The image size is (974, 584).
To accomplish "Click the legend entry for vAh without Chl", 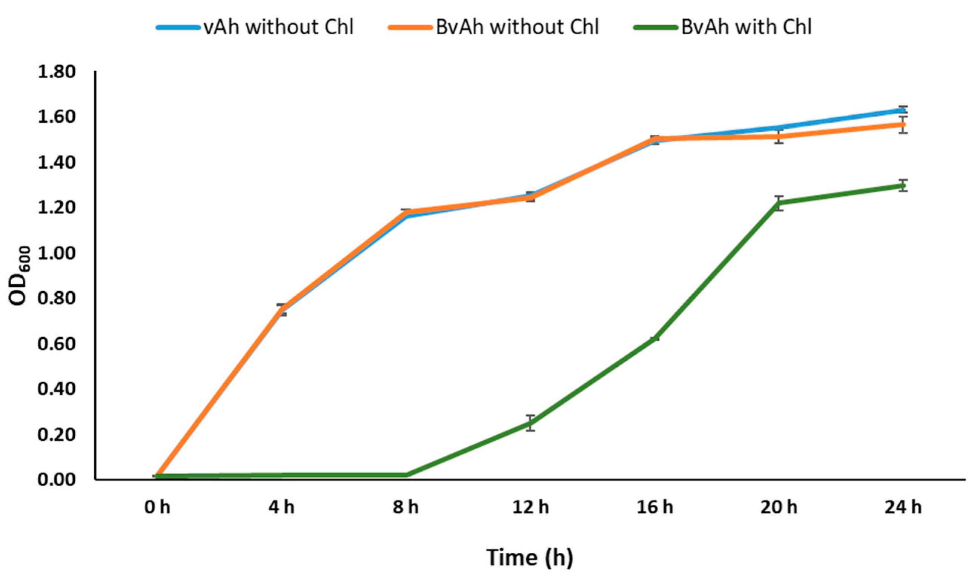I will click(x=256, y=27).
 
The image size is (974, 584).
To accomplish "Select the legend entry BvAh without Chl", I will click(x=494, y=27).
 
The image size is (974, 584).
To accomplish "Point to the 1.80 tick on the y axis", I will click(x=56, y=72).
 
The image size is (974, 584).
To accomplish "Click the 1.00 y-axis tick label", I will click(x=56, y=253).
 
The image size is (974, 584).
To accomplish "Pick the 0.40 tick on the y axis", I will click(x=56, y=389).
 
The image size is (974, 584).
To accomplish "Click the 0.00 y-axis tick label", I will click(x=56, y=480).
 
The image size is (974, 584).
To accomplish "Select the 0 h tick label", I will click(x=157, y=508).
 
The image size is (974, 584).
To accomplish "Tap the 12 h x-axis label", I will click(x=530, y=508).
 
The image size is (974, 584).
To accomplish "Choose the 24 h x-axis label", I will click(x=903, y=508).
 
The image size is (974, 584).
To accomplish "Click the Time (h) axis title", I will click(x=530, y=557).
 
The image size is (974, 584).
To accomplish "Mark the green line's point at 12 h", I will click(x=531, y=423).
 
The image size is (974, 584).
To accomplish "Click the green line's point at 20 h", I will click(x=779, y=203).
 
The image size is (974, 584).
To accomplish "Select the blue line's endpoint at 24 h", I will click(x=903, y=111).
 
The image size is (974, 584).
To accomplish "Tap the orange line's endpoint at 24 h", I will click(x=903, y=125).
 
